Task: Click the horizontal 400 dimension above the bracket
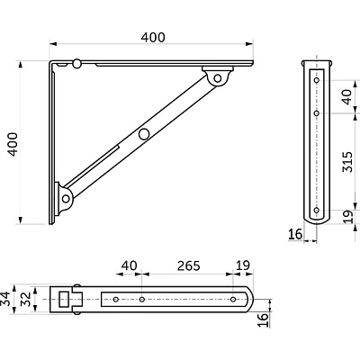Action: (153, 37)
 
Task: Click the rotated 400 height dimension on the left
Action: (13, 144)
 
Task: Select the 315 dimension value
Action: (347, 162)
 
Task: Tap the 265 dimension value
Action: (188, 265)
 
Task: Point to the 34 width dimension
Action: (5, 299)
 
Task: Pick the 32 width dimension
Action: (26, 299)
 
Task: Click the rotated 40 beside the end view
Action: (347, 96)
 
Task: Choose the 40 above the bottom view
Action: (129, 265)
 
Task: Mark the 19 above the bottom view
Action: (243, 265)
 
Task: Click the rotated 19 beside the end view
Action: (347, 217)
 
